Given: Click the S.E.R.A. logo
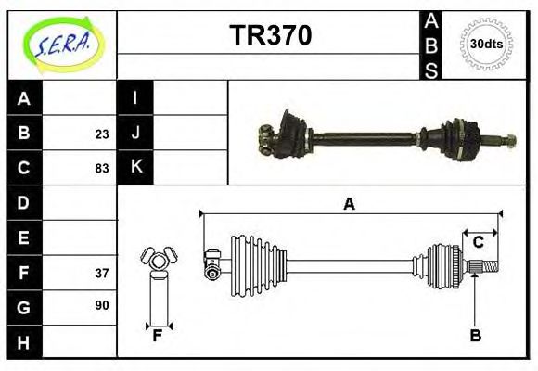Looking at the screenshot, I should [60, 45].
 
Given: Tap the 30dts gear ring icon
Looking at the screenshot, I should [486, 44].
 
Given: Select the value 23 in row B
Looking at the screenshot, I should [101, 133].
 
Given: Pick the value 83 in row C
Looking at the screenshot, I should [101, 168].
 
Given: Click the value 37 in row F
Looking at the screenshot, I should [101, 273].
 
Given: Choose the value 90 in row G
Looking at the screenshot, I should [101, 305].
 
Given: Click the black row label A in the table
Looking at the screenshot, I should [24, 98].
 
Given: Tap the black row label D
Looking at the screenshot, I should [24, 202].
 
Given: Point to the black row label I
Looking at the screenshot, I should [135, 98].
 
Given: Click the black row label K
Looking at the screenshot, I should [135, 168].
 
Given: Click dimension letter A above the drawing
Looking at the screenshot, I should [349, 204].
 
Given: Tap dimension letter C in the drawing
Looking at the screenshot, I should [479, 243].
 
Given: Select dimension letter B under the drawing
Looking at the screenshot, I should [475, 336].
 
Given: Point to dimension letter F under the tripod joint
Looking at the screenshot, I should [158, 336].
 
